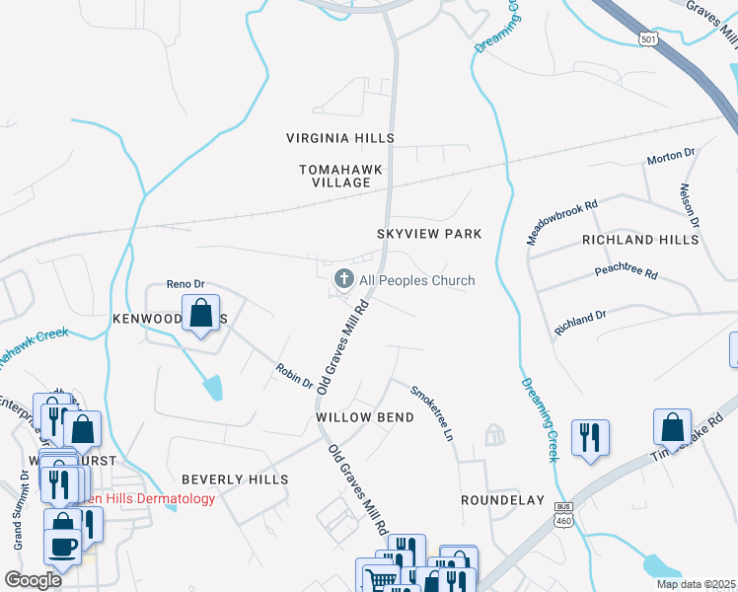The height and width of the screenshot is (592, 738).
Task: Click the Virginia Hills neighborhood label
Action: tap(339, 138)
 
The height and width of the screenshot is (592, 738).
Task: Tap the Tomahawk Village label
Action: tap(339, 176)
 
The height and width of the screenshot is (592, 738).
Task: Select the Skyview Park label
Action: tap(429, 234)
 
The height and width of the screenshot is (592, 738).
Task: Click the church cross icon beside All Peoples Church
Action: tap(344, 280)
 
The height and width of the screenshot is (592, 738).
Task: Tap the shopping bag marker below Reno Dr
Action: tap(201, 313)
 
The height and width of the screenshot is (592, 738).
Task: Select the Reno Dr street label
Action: tap(184, 284)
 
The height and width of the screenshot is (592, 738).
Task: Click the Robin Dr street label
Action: tap(294, 375)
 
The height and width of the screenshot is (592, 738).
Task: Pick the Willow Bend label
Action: tap(364, 417)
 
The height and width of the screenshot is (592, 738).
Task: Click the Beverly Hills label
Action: tap(235, 480)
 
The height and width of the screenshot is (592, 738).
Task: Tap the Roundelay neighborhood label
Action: tap(502, 500)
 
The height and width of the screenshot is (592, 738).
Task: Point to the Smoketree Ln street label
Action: tap(435, 411)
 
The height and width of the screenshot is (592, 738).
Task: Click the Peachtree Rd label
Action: tap(626, 271)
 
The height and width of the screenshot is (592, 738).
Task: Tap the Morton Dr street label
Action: tap(671, 158)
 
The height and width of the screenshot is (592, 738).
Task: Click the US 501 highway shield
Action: tap(647, 37)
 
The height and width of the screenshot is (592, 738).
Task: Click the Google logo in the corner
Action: tap(33, 580)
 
